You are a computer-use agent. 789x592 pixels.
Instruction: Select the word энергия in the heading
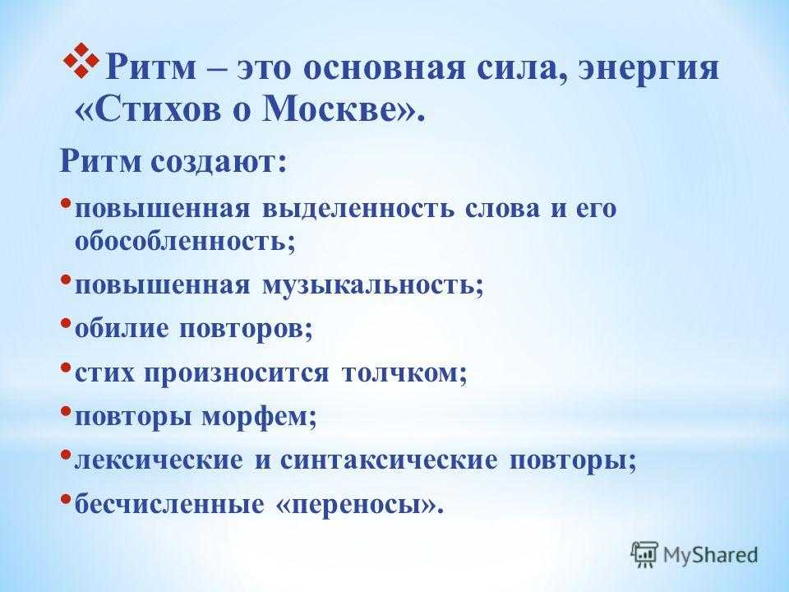click(x=648, y=69)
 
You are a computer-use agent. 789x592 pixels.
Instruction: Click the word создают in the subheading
click(x=215, y=162)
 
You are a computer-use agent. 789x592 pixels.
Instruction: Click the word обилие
click(x=122, y=329)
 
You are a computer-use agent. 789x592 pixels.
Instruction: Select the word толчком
click(x=400, y=373)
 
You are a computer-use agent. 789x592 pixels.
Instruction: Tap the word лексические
click(x=159, y=460)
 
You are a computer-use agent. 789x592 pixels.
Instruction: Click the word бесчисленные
click(x=169, y=504)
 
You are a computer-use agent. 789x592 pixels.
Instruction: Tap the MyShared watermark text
click(x=710, y=555)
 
